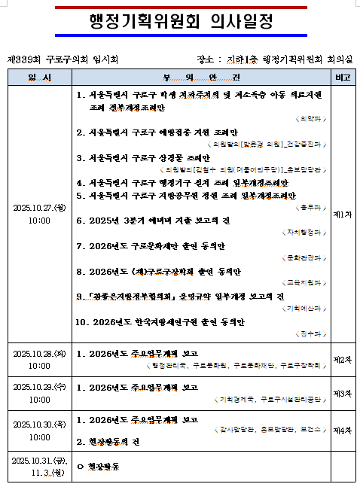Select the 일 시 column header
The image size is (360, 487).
pyautogui.click(x=39, y=78)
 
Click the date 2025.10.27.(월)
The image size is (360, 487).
pyautogui.click(x=39, y=208)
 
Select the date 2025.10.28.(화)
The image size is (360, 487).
pyautogui.click(x=39, y=353)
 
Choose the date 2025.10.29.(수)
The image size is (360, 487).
pyautogui.click(x=39, y=386)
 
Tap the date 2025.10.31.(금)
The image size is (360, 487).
pyautogui.click(x=39, y=458)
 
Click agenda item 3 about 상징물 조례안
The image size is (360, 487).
pyautogui.click(x=143, y=158)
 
